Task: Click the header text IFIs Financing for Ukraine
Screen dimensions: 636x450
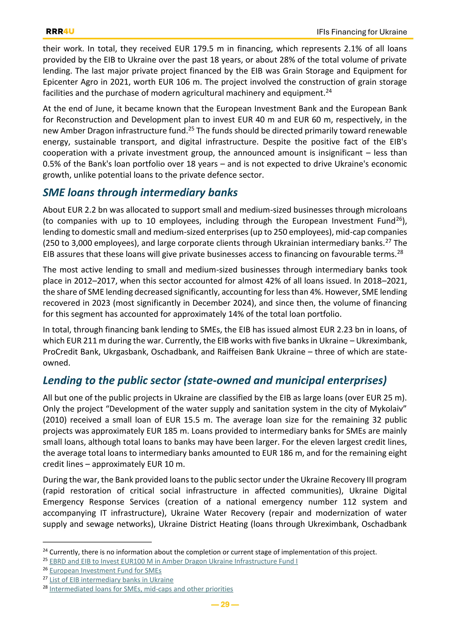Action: (x=362, y=32)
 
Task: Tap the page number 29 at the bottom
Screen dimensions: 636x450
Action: (x=225, y=604)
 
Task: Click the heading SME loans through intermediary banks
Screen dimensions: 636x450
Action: (x=140, y=193)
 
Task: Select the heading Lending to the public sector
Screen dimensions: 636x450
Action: (x=214, y=380)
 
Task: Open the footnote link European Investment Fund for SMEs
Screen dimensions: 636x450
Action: (x=105, y=570)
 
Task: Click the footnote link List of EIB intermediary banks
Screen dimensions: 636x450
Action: (x=111, y=580)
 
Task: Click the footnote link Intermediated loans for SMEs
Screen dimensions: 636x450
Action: (x=141, y=589)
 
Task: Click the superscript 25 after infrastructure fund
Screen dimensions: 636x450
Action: (x=191, y=128)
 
